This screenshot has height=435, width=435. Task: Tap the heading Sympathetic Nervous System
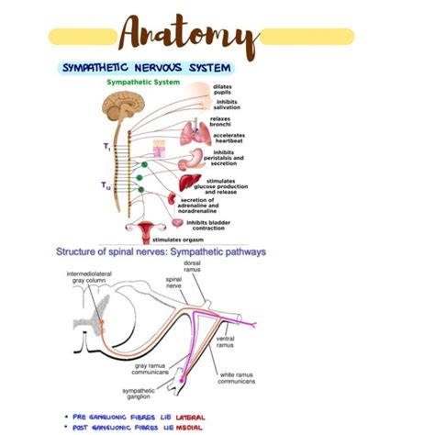pos(147,67)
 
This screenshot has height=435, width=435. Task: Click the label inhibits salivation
pos(227,104)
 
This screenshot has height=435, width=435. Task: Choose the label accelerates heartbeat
pos(229,139)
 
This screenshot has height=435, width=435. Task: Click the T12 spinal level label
pos(107,184)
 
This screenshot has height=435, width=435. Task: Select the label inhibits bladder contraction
pos(214,224)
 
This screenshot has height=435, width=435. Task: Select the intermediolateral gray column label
pos(89,278)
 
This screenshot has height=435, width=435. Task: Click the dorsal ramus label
pos(193,266)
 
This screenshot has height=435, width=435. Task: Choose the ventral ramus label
pos(224,341)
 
